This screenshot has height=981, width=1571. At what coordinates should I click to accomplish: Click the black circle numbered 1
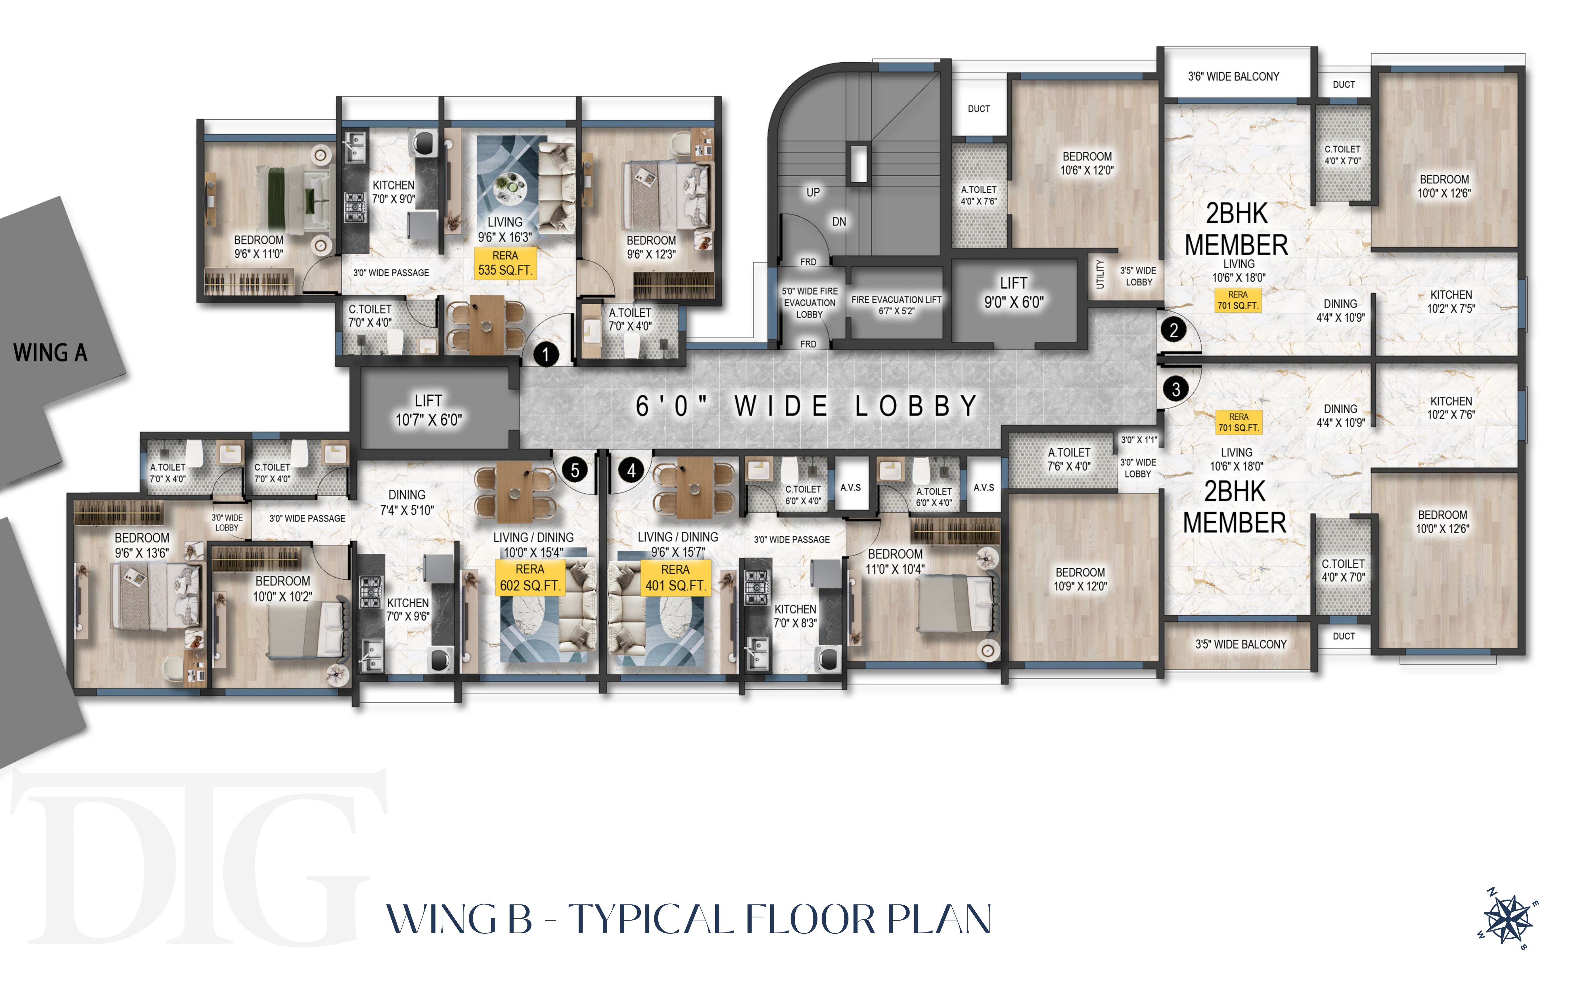click(x=546, y=354)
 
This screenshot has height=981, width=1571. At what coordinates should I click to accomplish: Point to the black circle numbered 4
click(x=631, y=470)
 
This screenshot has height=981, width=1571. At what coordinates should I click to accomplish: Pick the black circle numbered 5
click(x=575, y=470)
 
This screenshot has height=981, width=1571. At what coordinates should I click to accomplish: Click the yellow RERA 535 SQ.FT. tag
click(x=505, y=263)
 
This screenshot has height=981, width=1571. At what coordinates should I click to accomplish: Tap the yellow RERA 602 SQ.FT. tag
click(x=530, y=577)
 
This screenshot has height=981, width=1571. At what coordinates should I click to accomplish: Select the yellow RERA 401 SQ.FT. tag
click(x=675, y=577)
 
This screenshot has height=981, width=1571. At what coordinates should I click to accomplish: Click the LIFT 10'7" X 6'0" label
click(x=429, y=410)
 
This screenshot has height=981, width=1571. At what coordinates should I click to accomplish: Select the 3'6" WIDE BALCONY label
click(x=1234, y=77)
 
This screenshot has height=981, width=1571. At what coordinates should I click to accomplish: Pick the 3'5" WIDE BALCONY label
click(x=1241, y=644)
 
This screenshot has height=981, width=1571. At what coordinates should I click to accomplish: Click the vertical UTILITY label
click(x=1100, y=274)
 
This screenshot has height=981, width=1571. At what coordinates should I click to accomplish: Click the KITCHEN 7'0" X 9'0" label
click(x=393, y=192)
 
